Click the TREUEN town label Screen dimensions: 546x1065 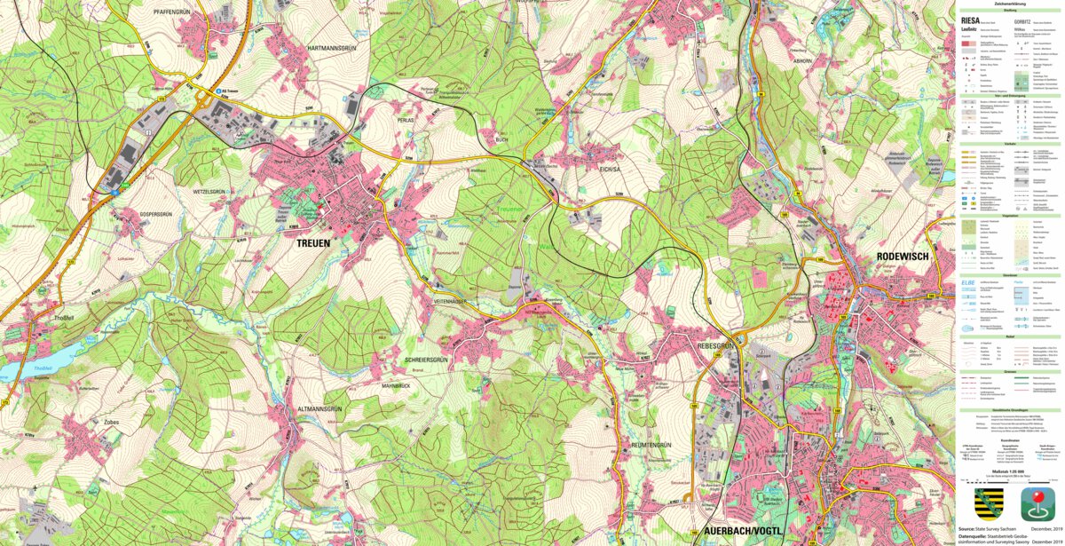tap(312, 242)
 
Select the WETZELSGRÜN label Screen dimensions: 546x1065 tap(213, 191)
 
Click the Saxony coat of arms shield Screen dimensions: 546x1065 tap(989, 502)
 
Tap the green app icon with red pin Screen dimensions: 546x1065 tap(1037, 503)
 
